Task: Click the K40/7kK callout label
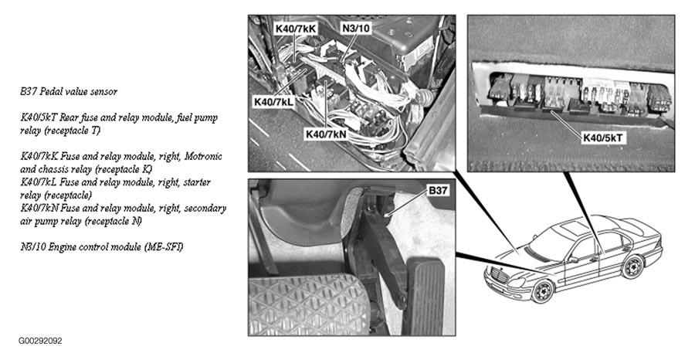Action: [x=296, y=29]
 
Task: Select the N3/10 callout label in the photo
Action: [x=356, y=29]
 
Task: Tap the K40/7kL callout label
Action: [x=274, y=101]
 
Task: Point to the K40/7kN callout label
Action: [x=326, y=134]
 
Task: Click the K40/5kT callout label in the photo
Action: [x=603, y=138]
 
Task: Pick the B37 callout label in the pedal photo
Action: [x=438, y=191]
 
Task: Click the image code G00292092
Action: [x=40, y=341]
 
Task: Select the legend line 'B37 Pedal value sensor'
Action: [x=69, y=92]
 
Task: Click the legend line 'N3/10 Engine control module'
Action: [x=101, y=247]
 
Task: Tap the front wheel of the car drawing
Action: [x=542, y=290]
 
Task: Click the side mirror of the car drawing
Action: [x=573, y=260]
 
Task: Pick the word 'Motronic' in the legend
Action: [x=203, y=157]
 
